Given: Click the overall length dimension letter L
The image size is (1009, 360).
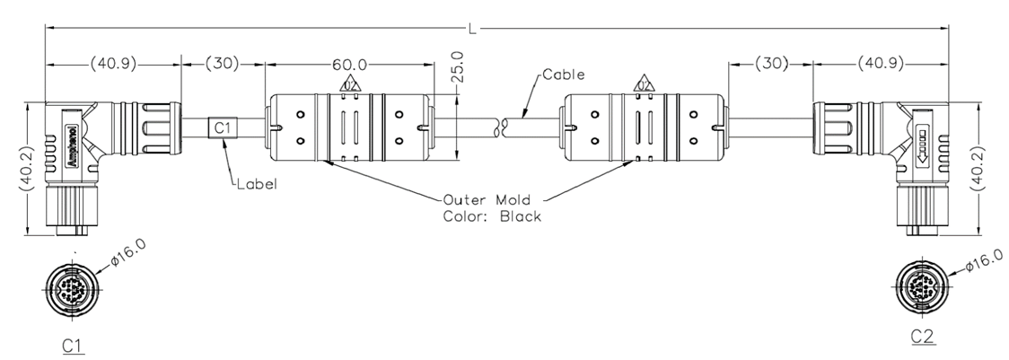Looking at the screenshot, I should click(472, 30).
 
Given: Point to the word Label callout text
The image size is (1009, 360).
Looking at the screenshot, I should click(259, 185).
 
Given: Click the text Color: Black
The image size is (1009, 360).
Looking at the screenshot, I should click(492, 217).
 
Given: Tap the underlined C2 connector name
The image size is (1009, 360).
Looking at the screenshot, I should click(923, 337).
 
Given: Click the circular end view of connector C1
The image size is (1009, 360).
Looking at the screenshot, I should click(73, 289).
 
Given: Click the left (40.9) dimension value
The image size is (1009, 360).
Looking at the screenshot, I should click(114, 65).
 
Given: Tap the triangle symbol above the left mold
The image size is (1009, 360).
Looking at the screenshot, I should click(350, 85).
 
